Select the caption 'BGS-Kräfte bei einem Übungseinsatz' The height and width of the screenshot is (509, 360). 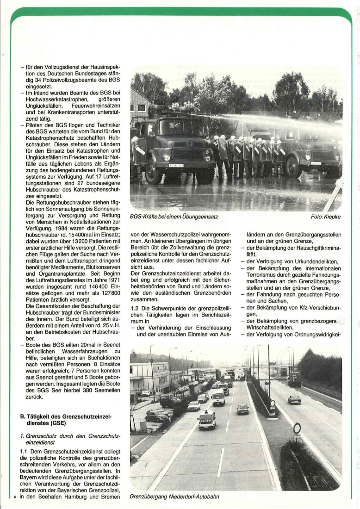point(174,216)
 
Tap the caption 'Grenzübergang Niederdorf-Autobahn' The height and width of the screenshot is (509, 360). point(174,497)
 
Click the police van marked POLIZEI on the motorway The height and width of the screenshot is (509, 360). point(207,419)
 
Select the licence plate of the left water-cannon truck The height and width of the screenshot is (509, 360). point(176,165)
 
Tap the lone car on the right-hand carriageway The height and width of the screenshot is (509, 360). point(294,399)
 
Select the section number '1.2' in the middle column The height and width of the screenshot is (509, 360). point(136,308)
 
